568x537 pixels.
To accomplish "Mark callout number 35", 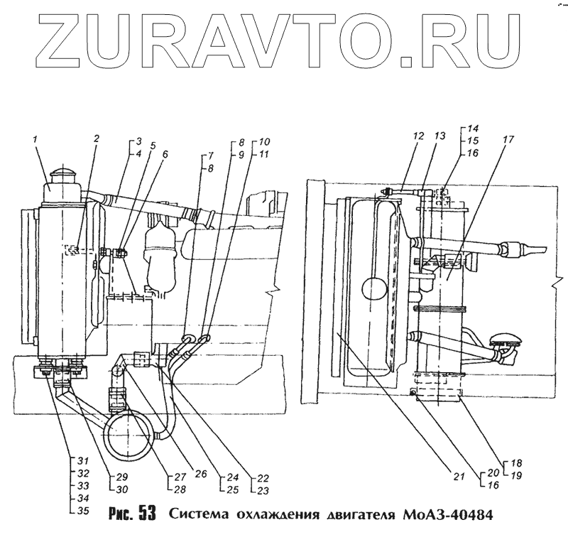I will point(83,510).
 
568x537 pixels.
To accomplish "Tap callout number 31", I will point(83,458).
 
